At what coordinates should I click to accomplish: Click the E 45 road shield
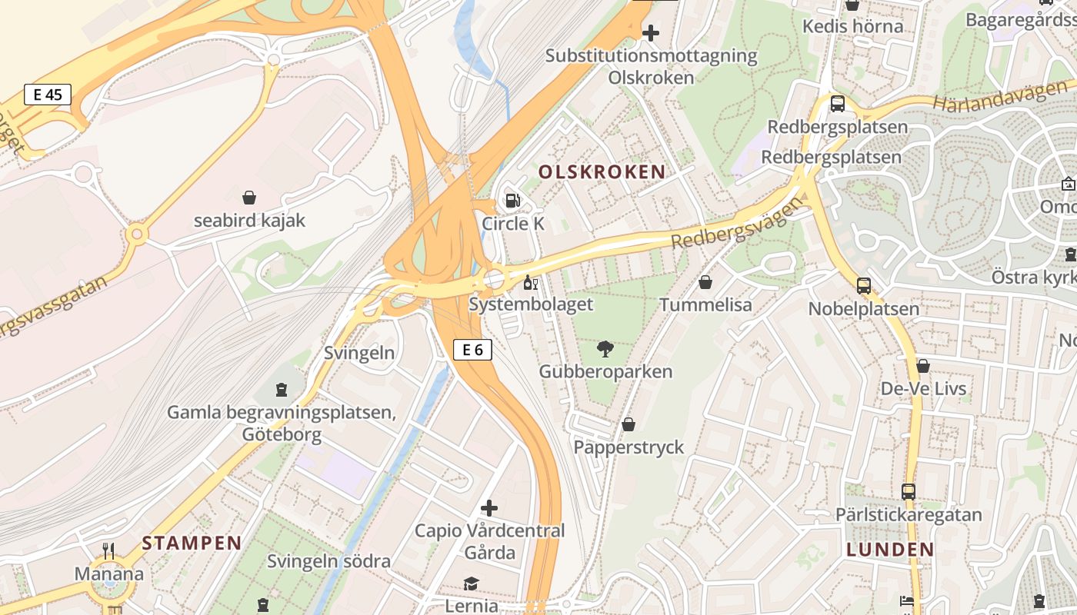tap(48, 95)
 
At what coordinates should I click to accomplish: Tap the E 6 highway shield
tap(472, 350)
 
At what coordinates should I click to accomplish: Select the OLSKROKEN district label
tap(602, 171)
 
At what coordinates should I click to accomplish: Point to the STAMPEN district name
tap(192, 543)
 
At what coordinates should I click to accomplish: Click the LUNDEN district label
tap(890, 549)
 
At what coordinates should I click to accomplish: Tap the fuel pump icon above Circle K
tap(512, 201)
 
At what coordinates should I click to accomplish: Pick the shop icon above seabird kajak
tap(249, 198)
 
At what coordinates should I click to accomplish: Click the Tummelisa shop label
tap(705, 305)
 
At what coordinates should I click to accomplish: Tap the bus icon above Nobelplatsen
tap(864, 286)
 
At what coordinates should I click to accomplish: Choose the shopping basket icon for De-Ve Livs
tap(923, 366)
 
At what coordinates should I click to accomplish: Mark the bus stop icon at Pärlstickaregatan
tap(909, 492)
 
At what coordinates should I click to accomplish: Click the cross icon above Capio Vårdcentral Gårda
tap(489, 508)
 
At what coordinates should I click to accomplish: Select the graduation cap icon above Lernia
tap(471, 584)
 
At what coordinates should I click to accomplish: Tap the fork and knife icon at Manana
tap(108, 551)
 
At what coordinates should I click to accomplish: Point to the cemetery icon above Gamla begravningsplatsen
tap(282, 391)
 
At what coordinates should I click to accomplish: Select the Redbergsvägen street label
tap(730, 225)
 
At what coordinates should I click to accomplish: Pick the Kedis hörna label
tap(852, 26)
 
